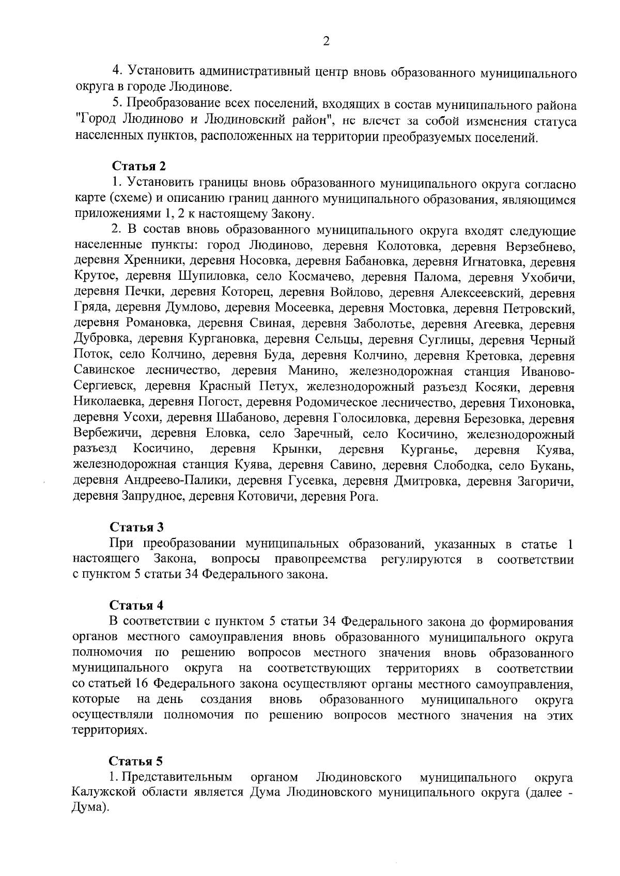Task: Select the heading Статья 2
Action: pos(138,166)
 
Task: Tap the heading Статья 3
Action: pos(136,528)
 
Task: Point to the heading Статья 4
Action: pos(136,605)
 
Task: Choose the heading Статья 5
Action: pos(136,761)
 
